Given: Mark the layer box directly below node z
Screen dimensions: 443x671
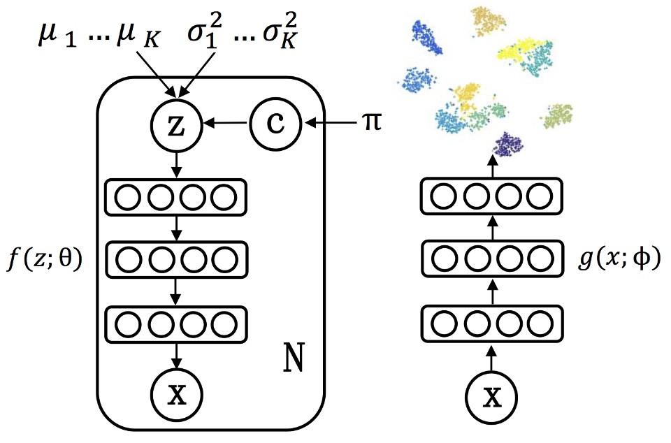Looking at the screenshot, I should (x=176, y=198).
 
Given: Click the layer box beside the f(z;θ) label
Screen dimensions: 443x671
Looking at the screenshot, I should (x=176, y=261).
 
